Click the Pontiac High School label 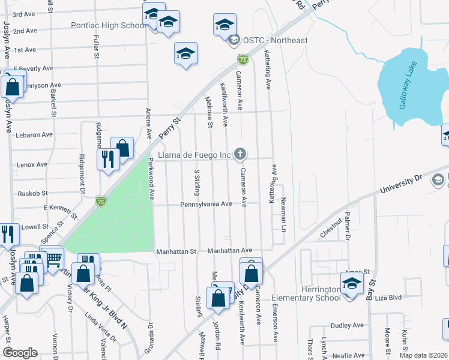pos(109,26)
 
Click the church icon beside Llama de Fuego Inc pos(240,155)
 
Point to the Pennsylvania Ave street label pos(206,204)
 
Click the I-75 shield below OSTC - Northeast pos(243,59)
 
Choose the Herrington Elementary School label pos(306,293)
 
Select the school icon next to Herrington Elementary pos(352,282)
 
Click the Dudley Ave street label pos(348,325)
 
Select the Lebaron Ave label pos(34,134)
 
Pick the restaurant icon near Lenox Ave pos(108,159)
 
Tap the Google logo pos(19,353)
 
